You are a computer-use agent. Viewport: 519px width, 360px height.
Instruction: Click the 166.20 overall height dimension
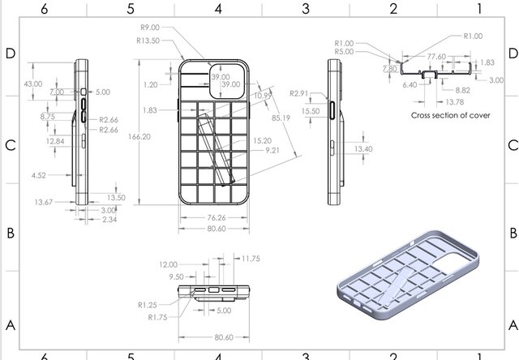(139, 137)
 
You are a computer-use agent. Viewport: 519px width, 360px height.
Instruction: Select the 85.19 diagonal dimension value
(281, 118)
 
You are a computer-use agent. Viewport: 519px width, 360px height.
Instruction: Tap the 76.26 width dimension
(214, 217)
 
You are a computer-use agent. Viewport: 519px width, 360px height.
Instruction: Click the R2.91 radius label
(300, 94)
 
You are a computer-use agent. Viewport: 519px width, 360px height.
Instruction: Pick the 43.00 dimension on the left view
(33, 84)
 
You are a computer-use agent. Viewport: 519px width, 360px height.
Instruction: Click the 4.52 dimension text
(38, 174)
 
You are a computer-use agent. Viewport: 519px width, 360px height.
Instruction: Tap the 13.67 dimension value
(44, 202)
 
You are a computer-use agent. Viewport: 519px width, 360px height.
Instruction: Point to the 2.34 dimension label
(108, 220)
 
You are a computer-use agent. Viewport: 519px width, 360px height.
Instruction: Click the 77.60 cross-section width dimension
(436, 57)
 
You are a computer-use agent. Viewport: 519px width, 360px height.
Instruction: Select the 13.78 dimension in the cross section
(432, 102)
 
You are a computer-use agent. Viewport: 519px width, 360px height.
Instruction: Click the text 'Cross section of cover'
(450, 116)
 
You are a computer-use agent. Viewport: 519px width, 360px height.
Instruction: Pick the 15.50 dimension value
(309, 111)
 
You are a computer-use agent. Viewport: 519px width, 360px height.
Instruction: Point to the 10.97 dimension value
(262, 96)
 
